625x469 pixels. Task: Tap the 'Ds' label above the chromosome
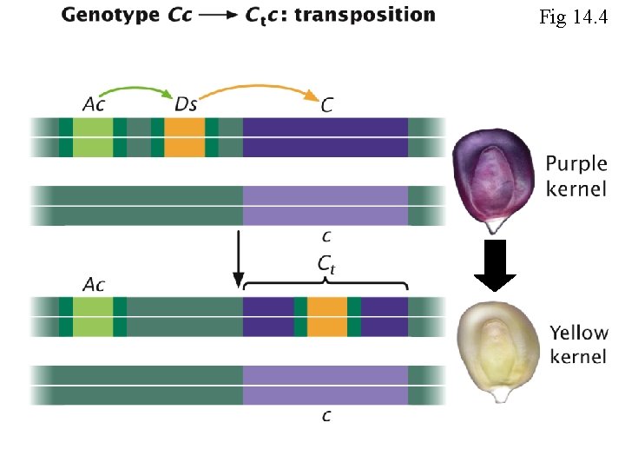click(x=186, y=105)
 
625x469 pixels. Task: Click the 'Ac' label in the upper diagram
click(x=96, y=105)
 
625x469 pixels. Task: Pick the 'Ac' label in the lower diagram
click(x=95, y=283)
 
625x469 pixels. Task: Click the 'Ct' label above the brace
click(x=326, y=268)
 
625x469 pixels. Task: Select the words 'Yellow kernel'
click(x=579, y=344)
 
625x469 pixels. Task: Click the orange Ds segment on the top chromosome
click(x=184, y=138)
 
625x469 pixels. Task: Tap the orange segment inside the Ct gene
click(x=327, y=316)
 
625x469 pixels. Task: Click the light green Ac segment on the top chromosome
click(x=93, y=138)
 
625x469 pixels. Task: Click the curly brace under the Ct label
click(x=326, y=285)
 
